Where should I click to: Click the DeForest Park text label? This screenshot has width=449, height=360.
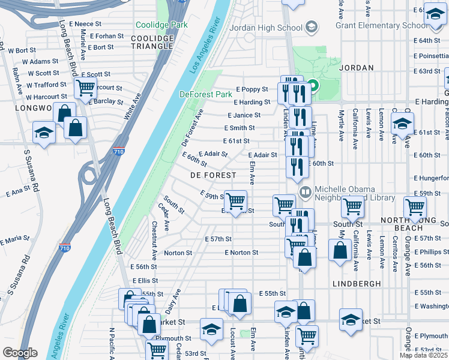(205, 94)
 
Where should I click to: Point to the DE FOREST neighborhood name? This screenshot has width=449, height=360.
(211, 175)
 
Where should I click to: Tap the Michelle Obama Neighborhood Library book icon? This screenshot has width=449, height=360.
(306, 193)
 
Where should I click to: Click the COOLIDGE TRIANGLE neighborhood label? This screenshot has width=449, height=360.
(152, 43)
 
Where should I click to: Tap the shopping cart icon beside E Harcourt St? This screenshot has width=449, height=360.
(85, 88)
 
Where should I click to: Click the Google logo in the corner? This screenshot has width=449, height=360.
(19, 353)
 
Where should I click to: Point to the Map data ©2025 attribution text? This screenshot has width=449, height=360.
(423, 355)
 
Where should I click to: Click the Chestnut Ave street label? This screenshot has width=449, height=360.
(155, 240)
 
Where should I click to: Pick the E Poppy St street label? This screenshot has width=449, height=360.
(252, 89)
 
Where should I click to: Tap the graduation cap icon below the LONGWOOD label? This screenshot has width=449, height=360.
(43, 133)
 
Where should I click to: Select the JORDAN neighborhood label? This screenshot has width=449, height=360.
(357, 68)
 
